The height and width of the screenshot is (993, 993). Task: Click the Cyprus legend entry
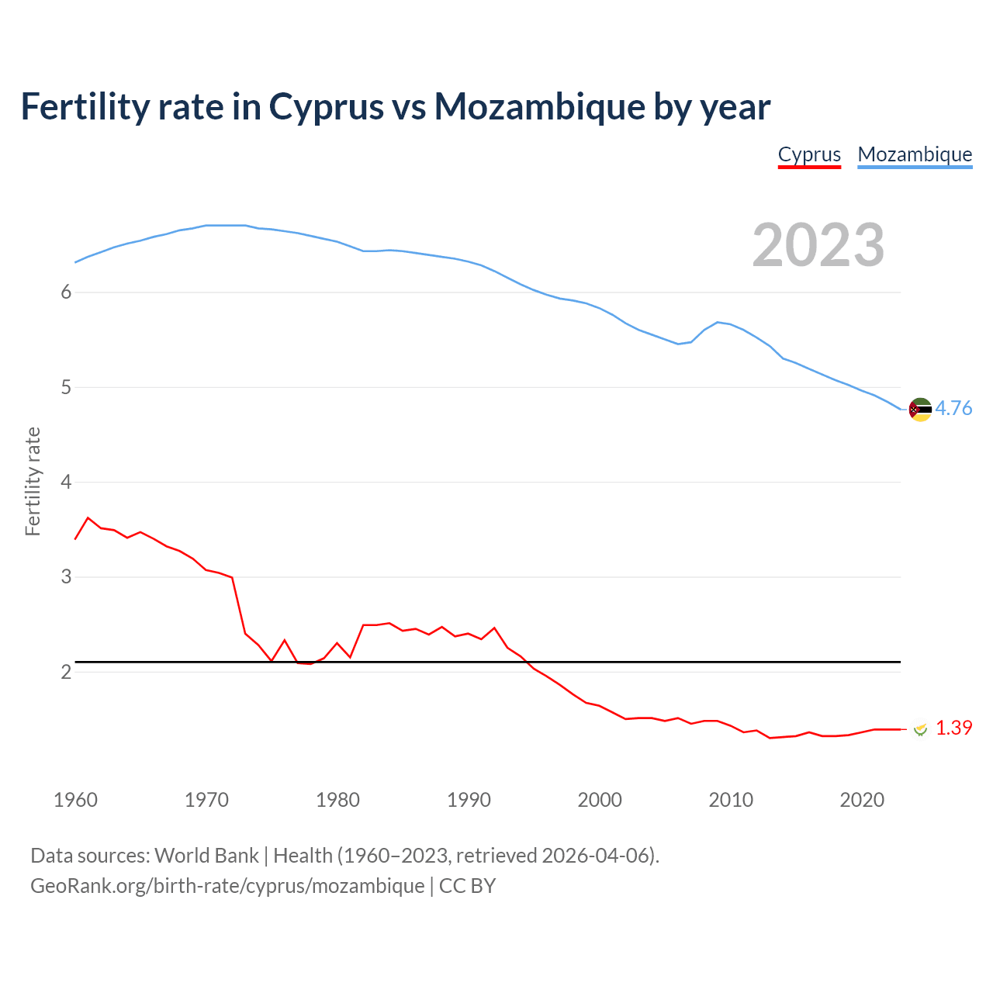point(809,154)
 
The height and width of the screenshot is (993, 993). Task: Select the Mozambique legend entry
point(915,154)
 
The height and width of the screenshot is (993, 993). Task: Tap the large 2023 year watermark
point(818,245)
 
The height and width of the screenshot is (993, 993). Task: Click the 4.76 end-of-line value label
point(953,408)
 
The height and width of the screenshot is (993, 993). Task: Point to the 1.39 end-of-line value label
point(953,728)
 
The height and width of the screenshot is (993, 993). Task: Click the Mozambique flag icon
point(920,409)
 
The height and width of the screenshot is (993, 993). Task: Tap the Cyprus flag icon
point(920,728)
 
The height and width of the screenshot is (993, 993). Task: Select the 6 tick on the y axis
point(66,292)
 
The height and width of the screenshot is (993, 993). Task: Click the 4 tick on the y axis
point(66,483)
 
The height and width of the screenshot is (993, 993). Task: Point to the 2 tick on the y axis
point(66,672)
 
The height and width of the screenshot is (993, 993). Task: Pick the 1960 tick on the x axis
point(75,800)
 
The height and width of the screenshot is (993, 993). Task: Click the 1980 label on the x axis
point(337,800)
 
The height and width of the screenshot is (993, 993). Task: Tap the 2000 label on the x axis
point(600,800)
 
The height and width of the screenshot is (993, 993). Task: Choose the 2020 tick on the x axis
point(862,800)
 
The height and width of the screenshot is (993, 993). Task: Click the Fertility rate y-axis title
point(33,481)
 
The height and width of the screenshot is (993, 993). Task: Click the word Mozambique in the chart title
point(539,106)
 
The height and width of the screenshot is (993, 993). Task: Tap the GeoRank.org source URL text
point(227,885)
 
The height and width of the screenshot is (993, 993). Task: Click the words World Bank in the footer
point(206,855)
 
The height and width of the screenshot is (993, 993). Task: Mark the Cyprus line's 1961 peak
point(88,517)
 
